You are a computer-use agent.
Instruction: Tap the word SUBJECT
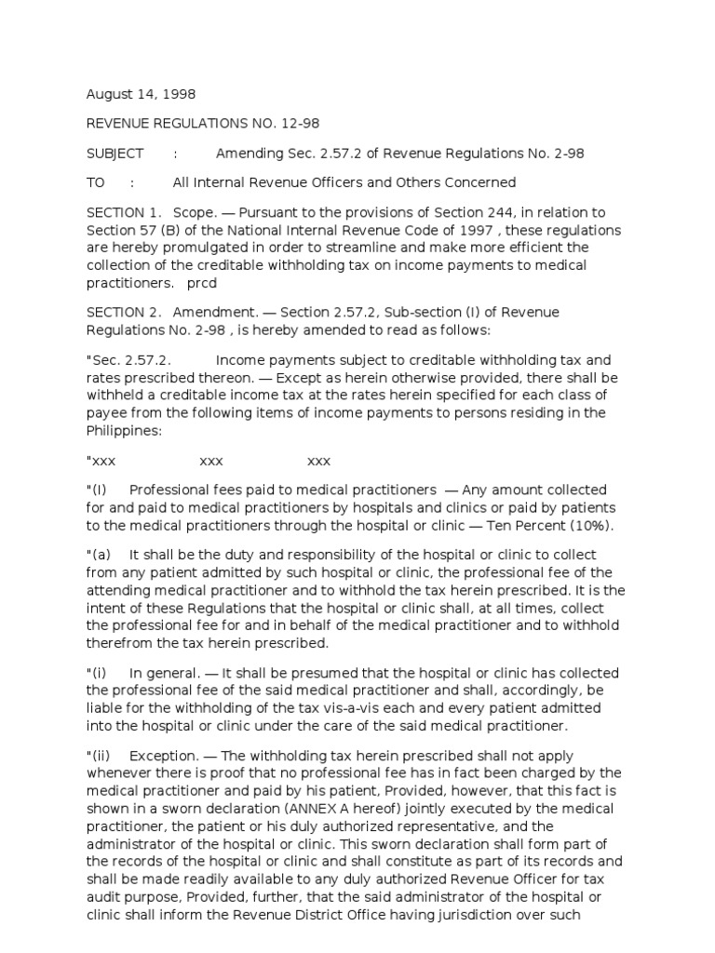(115, 154)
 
